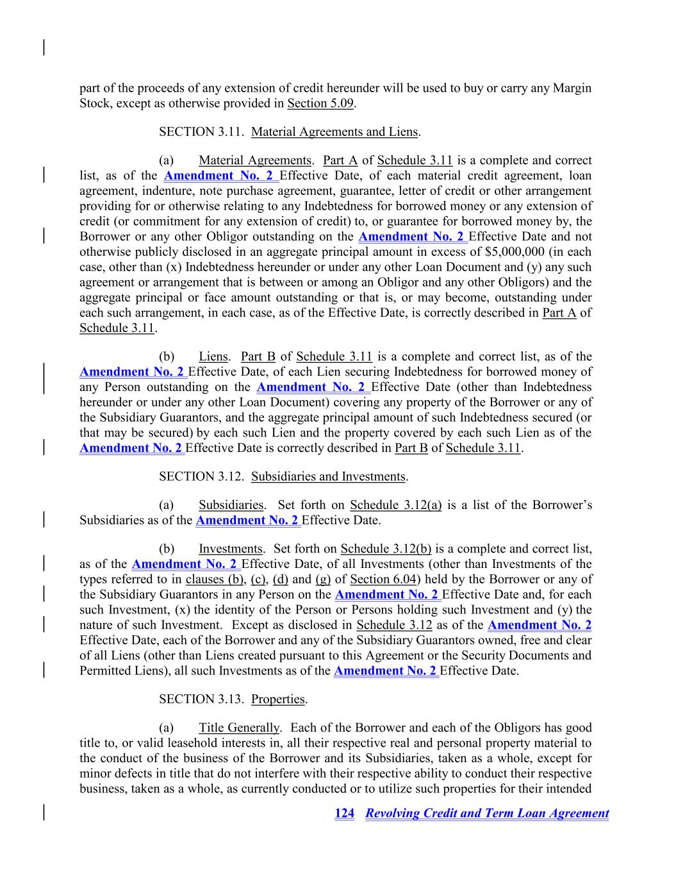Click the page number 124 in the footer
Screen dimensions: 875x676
point(344,813)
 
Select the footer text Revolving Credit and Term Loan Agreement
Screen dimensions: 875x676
point(487,813)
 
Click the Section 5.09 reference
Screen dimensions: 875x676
point(320,103)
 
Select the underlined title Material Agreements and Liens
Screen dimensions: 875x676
point(335,132)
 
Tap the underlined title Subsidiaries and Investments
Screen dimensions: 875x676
point(329,477)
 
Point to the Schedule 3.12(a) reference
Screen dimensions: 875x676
point(396,505)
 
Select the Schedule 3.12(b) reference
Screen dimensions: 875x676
point(386,549)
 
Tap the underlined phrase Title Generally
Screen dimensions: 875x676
point(239,728)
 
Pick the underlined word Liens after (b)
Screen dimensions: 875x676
point(213,357)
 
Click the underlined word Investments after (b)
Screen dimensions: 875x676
point(231,549)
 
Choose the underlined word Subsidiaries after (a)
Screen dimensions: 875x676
point(231,505)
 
